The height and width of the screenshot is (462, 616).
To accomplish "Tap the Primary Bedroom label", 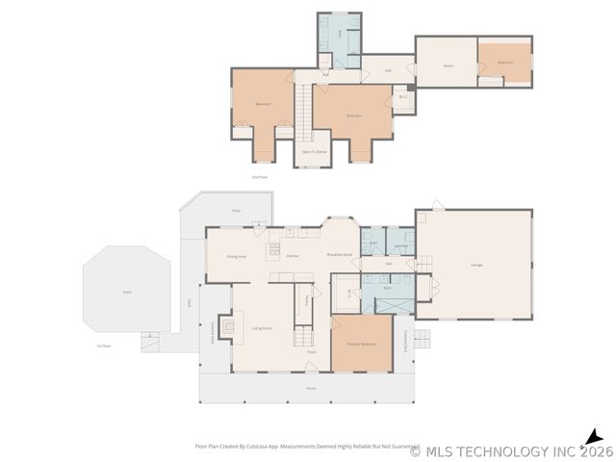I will [x=361, y=344].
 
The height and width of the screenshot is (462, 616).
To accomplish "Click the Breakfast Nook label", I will [x=339, y=255].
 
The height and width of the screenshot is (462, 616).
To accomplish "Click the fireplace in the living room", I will [x=227, y=327].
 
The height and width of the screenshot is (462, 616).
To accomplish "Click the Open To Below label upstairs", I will [x=315, y=152].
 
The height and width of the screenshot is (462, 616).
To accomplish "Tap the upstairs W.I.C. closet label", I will [x=404, y=96].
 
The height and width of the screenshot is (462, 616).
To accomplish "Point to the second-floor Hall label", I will [x=388, y=70].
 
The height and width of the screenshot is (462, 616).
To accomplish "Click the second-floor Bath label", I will [x=340, y=31].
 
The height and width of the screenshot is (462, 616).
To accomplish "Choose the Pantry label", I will [x=307, y=299].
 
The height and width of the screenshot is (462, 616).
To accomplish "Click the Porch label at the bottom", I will [x=311, y=388].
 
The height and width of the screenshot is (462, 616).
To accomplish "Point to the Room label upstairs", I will [x=448, y=66].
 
